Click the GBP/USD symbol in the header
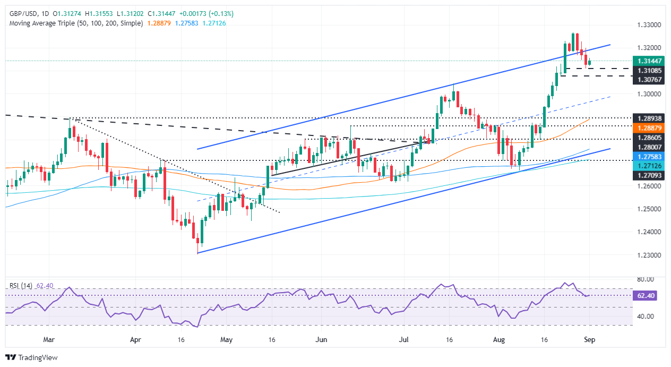point(21,13)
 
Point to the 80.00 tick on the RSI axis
point(646,279)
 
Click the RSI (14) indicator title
point(21,286)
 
